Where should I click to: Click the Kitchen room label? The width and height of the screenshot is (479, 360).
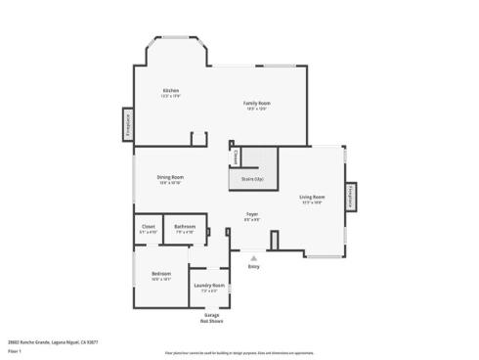tap(171, 91)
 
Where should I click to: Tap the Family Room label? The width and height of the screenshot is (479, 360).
tap(257, 103)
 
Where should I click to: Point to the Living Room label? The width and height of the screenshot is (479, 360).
tap(312, 198)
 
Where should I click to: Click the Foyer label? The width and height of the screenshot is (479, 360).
tap(251, 213)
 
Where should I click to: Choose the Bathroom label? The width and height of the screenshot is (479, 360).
tap(185, 227)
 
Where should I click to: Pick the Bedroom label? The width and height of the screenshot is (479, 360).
tap(161, 273)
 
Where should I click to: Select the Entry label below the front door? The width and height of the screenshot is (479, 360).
tap(253, 266)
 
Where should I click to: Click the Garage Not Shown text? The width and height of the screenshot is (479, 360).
tap(212, 318)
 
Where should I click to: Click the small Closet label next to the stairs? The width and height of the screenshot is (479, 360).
tap(235, 157)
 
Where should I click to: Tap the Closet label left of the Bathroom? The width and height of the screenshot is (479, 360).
tap(149, 227)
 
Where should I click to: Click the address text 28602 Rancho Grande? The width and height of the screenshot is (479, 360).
tap(49, 342)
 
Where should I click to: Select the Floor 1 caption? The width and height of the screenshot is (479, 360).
tap(14, 350)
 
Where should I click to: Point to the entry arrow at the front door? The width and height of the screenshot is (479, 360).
tap(253, 256)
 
